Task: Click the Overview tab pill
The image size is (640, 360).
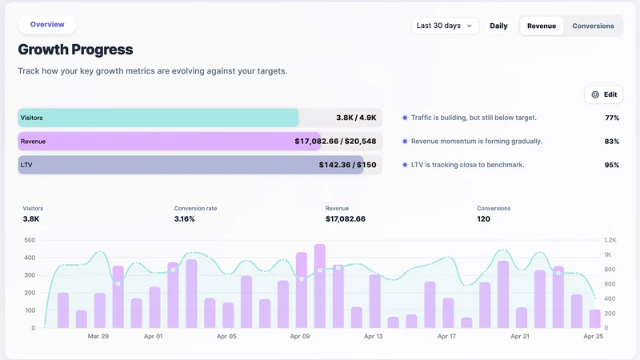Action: click(x=47, y=25)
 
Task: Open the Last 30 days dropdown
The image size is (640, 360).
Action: click(x=445, y=26)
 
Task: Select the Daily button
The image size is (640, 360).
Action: click(x=498, y=26)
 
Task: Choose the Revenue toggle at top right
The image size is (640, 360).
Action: click(x=542, y=26)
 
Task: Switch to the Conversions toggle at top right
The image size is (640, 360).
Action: click(x=593, y=26)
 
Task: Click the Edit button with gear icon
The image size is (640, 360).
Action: click(x=604, y=94)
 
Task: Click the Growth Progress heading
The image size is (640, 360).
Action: click(x=75, y=50)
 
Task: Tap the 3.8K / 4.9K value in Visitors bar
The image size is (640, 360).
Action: click(x=356, y=118)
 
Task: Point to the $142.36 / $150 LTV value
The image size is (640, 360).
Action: click(x=348, y=165)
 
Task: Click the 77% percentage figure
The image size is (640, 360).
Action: click(x=612, y=118)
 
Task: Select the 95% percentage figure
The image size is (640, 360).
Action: click(x=612, y=166)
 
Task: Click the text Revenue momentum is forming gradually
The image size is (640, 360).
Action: click(x=477, y=142)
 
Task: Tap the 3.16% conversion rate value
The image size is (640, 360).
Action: click(x=185, y=218)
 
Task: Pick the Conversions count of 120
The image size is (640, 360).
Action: click(x=484, y=218)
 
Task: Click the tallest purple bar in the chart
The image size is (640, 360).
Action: click(x=320, y=286)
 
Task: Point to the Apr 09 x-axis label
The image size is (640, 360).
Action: click(x=300, y=336)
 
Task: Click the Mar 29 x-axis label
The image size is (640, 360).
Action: click(x=98, y=336)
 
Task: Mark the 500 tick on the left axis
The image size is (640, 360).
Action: click(x=30, y=240)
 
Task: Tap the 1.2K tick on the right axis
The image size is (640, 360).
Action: click(x=610, y=240)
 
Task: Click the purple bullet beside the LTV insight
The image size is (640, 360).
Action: click(x=405, y=165)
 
